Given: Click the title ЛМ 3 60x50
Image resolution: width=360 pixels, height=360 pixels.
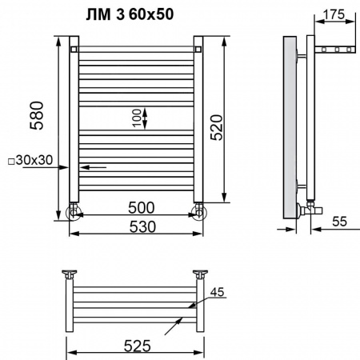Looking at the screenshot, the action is [130, 14].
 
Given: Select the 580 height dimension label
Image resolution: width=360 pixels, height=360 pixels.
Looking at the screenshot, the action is [37, 115].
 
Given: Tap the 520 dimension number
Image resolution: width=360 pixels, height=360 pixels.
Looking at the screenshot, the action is [216, 127].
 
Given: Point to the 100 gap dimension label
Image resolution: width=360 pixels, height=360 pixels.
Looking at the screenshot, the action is [137, 118].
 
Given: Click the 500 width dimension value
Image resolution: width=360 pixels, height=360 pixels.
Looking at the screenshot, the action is [142, 208].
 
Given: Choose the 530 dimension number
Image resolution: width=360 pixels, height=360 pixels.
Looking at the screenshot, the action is [142, 227].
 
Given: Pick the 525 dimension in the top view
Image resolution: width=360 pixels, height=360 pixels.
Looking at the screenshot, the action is [138, 346].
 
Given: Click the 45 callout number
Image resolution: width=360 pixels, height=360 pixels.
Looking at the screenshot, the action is [218, 292].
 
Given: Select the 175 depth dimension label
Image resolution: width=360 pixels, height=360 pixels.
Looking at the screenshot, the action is [334, 14].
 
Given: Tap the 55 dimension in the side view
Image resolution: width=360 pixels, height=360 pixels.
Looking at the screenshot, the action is [340, 222].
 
